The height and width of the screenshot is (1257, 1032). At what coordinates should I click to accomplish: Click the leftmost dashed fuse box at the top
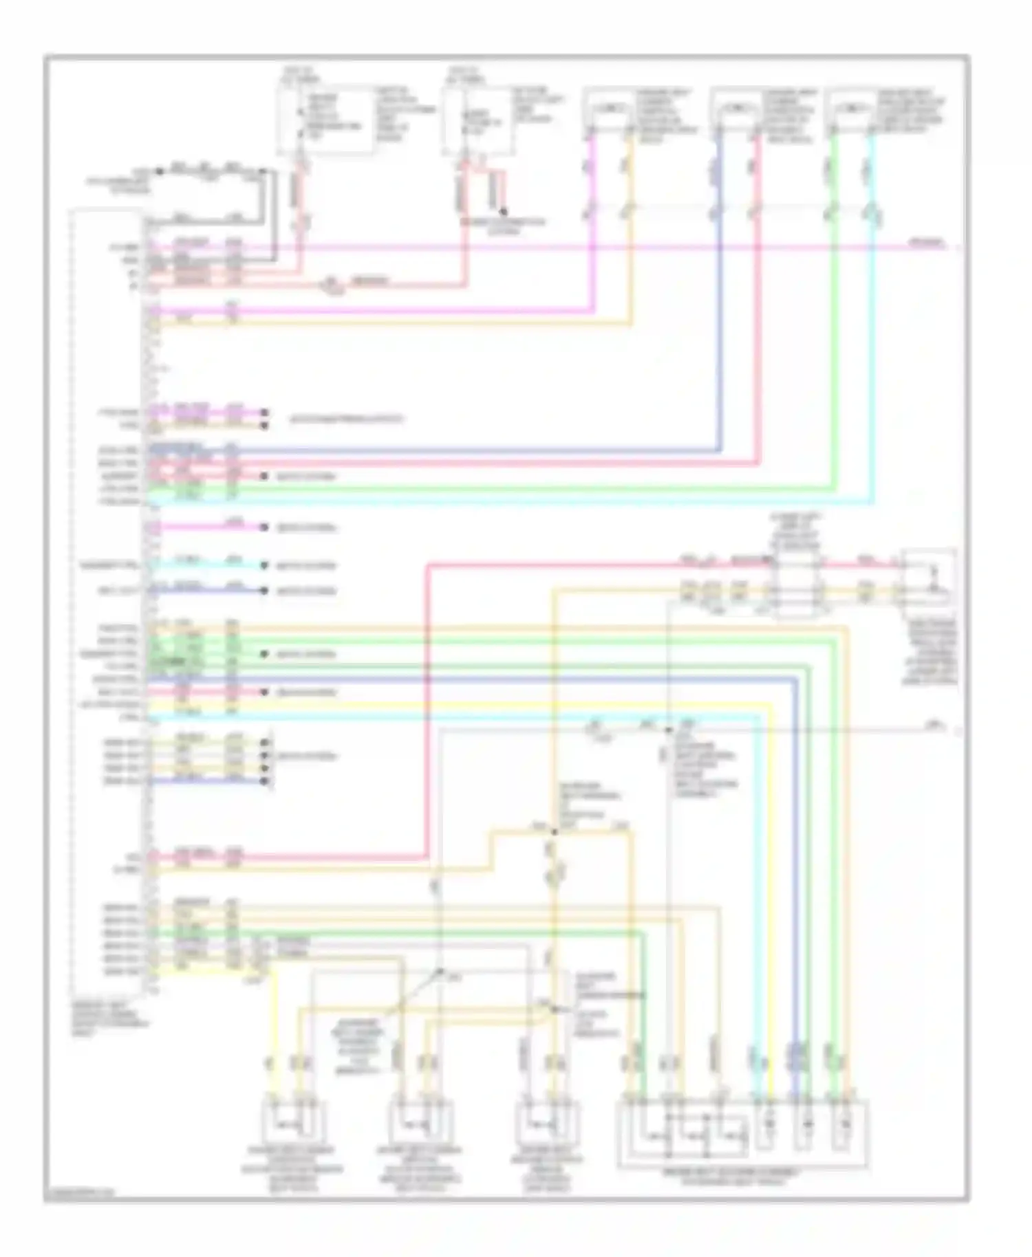324,120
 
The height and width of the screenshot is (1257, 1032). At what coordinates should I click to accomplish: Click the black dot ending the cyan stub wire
264,566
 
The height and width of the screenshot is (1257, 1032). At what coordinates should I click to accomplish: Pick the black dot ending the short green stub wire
264,655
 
